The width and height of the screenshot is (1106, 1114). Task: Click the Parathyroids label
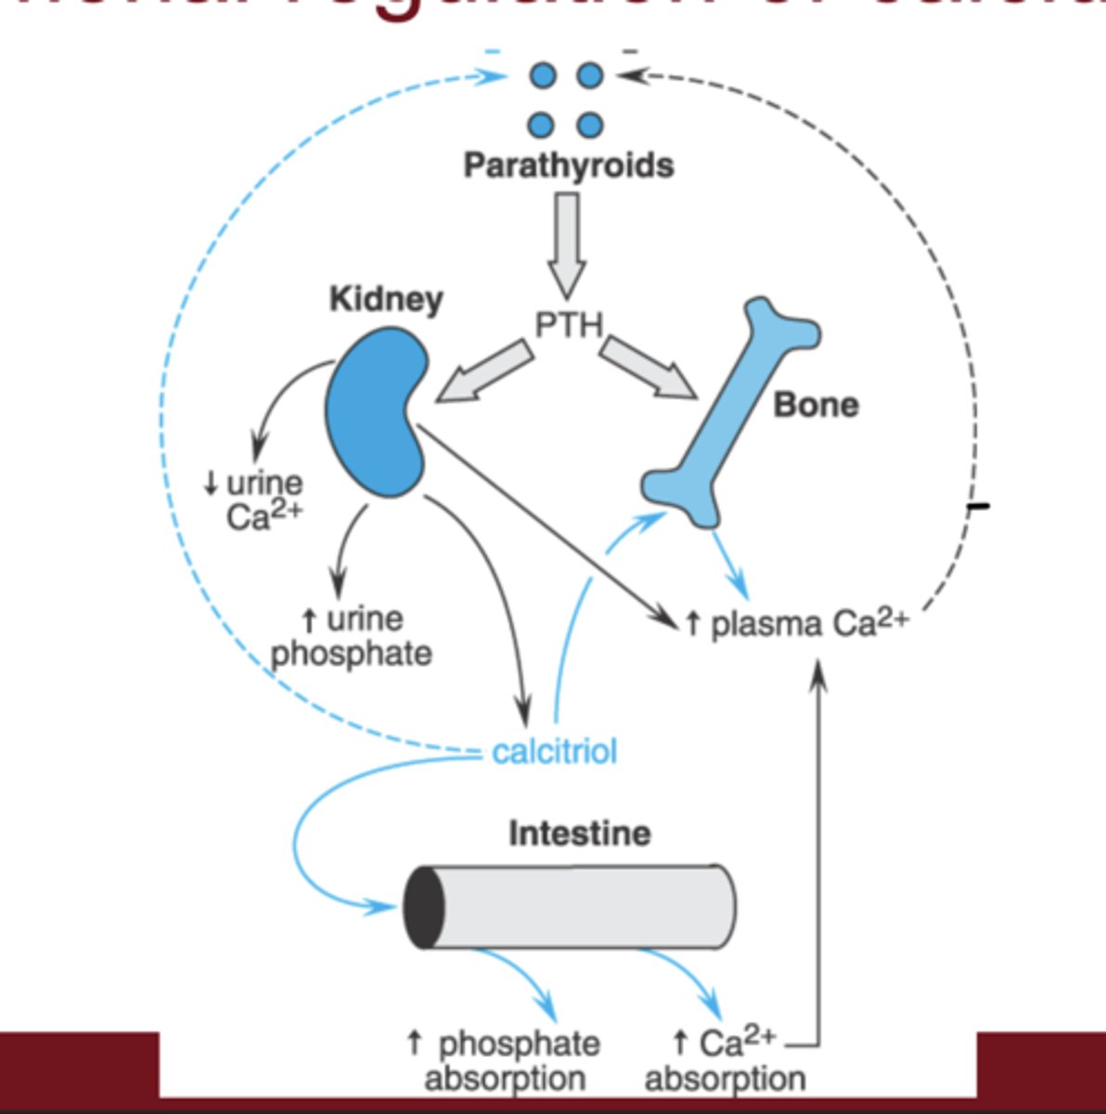tap(568, 165)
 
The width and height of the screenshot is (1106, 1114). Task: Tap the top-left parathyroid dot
tap(544, 75)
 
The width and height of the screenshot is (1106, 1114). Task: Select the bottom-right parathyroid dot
tap(589, 124)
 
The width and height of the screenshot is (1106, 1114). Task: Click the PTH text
tap(568, 325)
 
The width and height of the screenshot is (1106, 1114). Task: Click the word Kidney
tap(386, 300)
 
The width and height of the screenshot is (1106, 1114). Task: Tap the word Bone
tap(816, 405)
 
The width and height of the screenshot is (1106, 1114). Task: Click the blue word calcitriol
tap(554, 750)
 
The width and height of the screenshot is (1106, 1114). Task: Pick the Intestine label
tap(579, 833)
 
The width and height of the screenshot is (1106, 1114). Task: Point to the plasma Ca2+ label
tap(796, 623)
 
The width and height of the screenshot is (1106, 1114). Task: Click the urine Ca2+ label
tap(255, 499)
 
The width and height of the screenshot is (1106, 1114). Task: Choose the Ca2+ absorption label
tap(725, 1061)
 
